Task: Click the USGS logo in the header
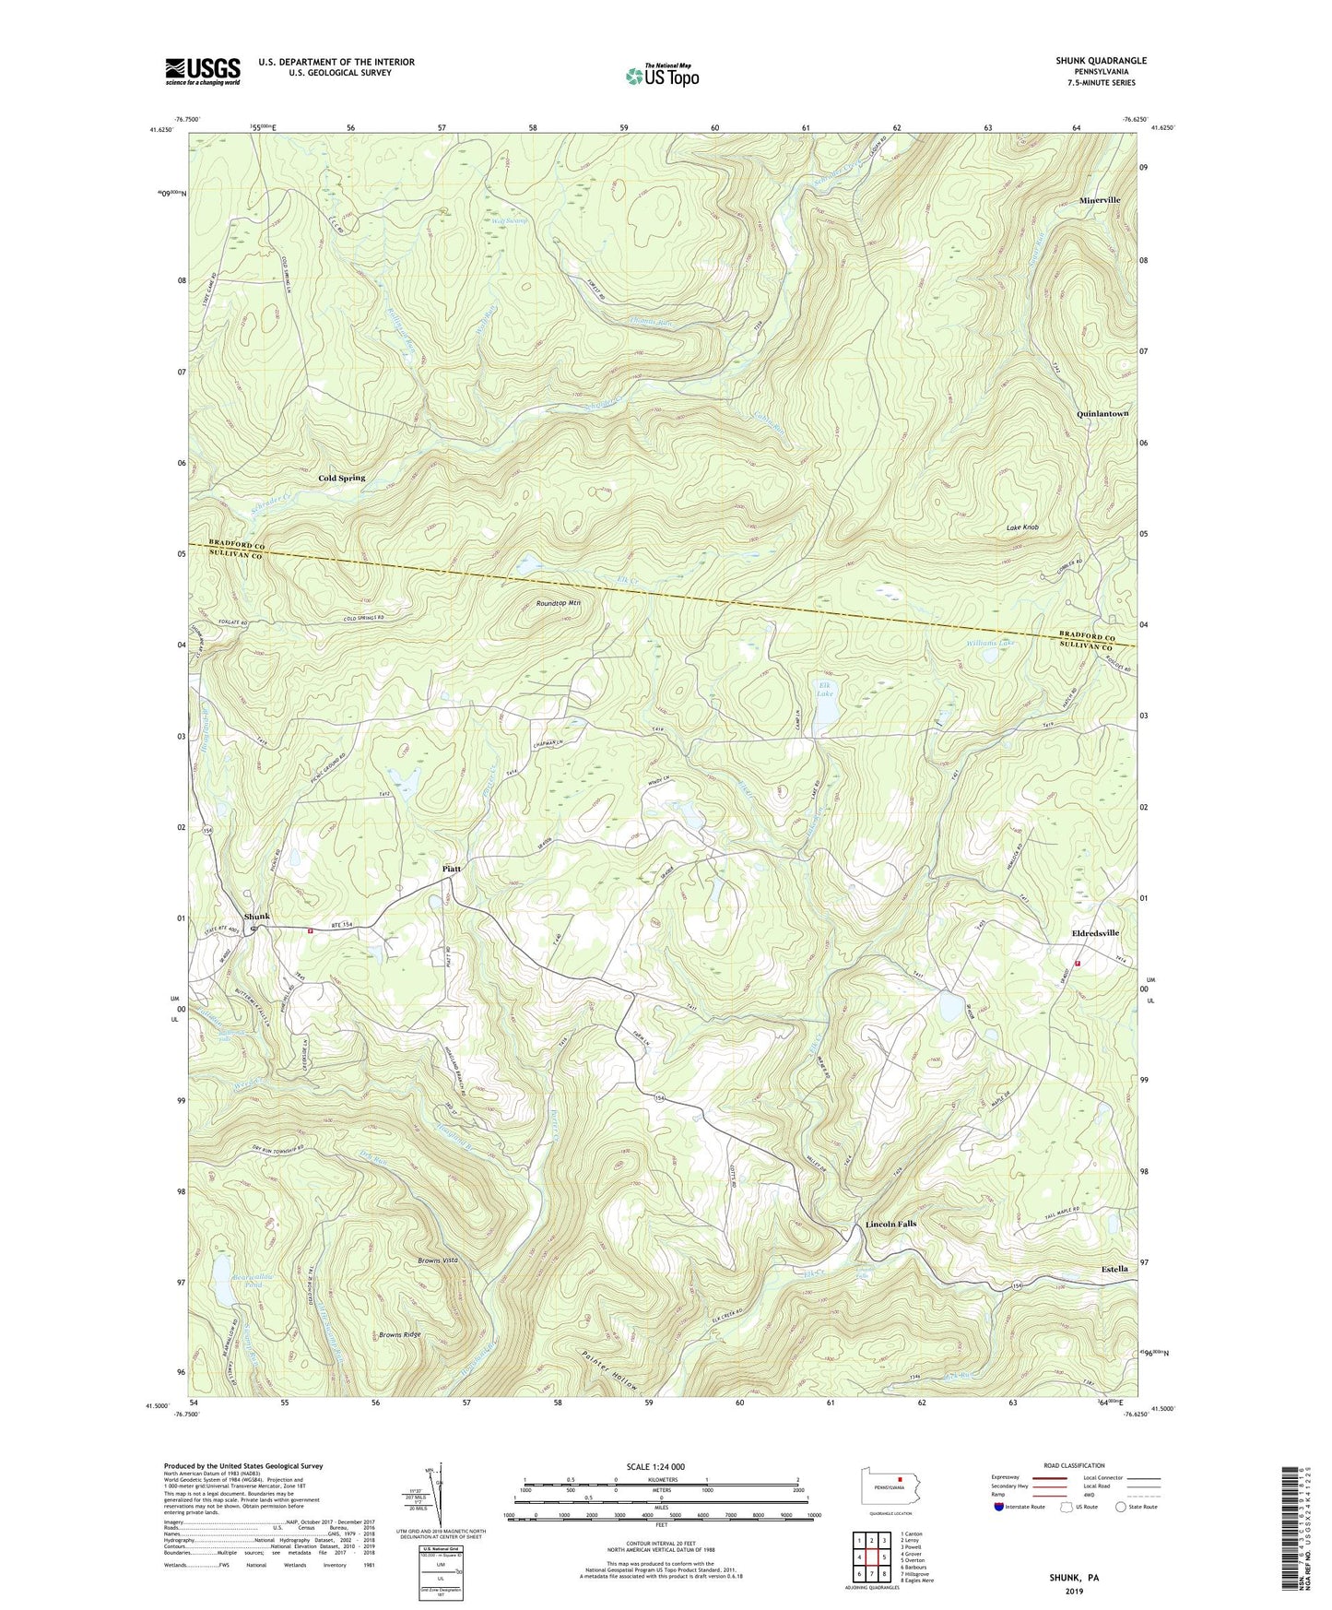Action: (x=203, y=71)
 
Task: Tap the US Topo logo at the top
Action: (x=661, y=76)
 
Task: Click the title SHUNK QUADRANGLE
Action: (x=1102, y=61)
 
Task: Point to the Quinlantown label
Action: (x=1102, y=414)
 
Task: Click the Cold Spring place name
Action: (x=341, y=478)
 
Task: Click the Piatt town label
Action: (x=451, y=869)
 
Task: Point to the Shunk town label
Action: (x=257, y=916)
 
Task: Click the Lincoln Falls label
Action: (x=890, y=1224)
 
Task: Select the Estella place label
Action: (x=1114, y=1269)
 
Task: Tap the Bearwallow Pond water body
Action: (x=223, y=1273)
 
